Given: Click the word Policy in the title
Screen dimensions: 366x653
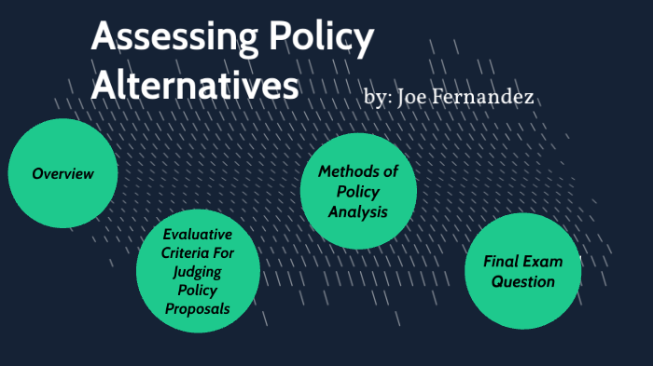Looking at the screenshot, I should coord(320,40).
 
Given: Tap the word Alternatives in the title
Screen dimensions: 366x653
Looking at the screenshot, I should coord(195,85).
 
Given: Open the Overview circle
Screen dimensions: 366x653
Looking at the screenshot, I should coord(63,173).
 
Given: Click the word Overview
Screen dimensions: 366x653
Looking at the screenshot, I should coord(63,173).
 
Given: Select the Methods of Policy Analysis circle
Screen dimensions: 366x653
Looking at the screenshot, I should coord(357,192).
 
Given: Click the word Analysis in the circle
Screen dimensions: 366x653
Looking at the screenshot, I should coord(357,212).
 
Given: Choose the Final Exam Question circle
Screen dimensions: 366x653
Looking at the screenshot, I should coord(522,271).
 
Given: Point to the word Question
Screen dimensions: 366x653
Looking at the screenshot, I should coord(523,281).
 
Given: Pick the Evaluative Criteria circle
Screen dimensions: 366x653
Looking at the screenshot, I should coord(197,271).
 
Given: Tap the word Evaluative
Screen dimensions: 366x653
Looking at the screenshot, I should coord(197,234).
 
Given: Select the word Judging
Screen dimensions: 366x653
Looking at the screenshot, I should coord(197,271).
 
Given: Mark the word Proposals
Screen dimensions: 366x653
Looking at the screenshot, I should coord(197,308).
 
